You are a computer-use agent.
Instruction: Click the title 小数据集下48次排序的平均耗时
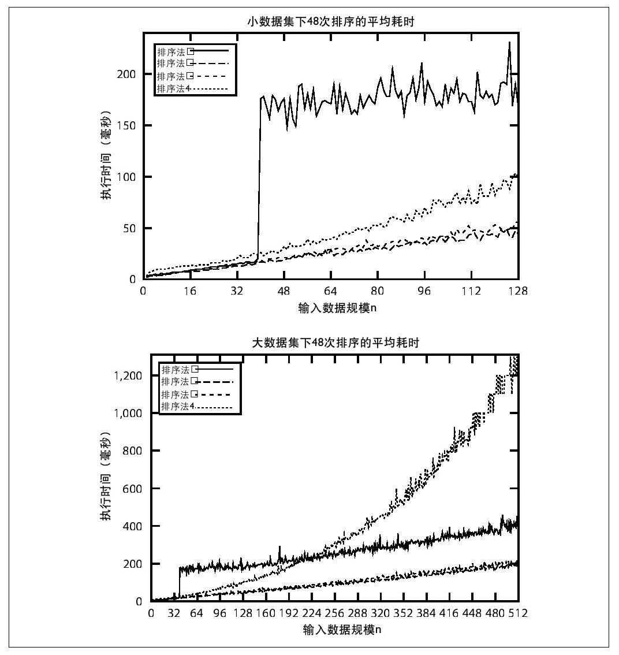(330, 22)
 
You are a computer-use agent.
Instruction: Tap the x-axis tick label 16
(190, 291)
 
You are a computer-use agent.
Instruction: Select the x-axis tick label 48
(284, 291)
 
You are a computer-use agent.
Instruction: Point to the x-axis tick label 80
(378, 291)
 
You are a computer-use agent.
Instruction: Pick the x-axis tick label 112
(471, 291)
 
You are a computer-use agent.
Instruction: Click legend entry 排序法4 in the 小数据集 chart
(173, 88)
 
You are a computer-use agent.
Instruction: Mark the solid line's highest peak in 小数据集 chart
(509, 42)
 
